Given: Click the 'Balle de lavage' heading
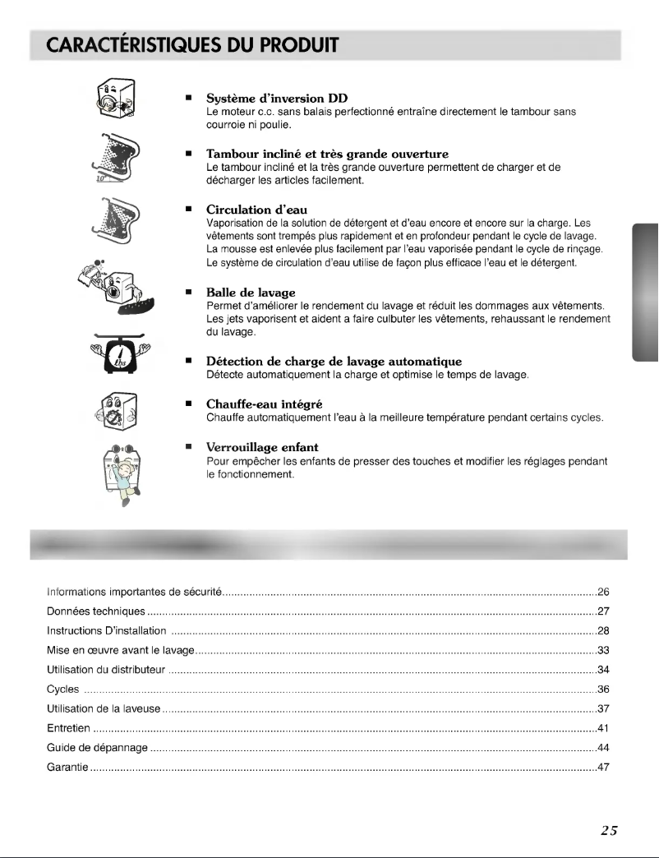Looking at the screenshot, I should [x=251, y=293].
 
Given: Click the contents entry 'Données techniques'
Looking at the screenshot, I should [x=97, y=611].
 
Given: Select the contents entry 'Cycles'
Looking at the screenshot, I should [x=62, y=689].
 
